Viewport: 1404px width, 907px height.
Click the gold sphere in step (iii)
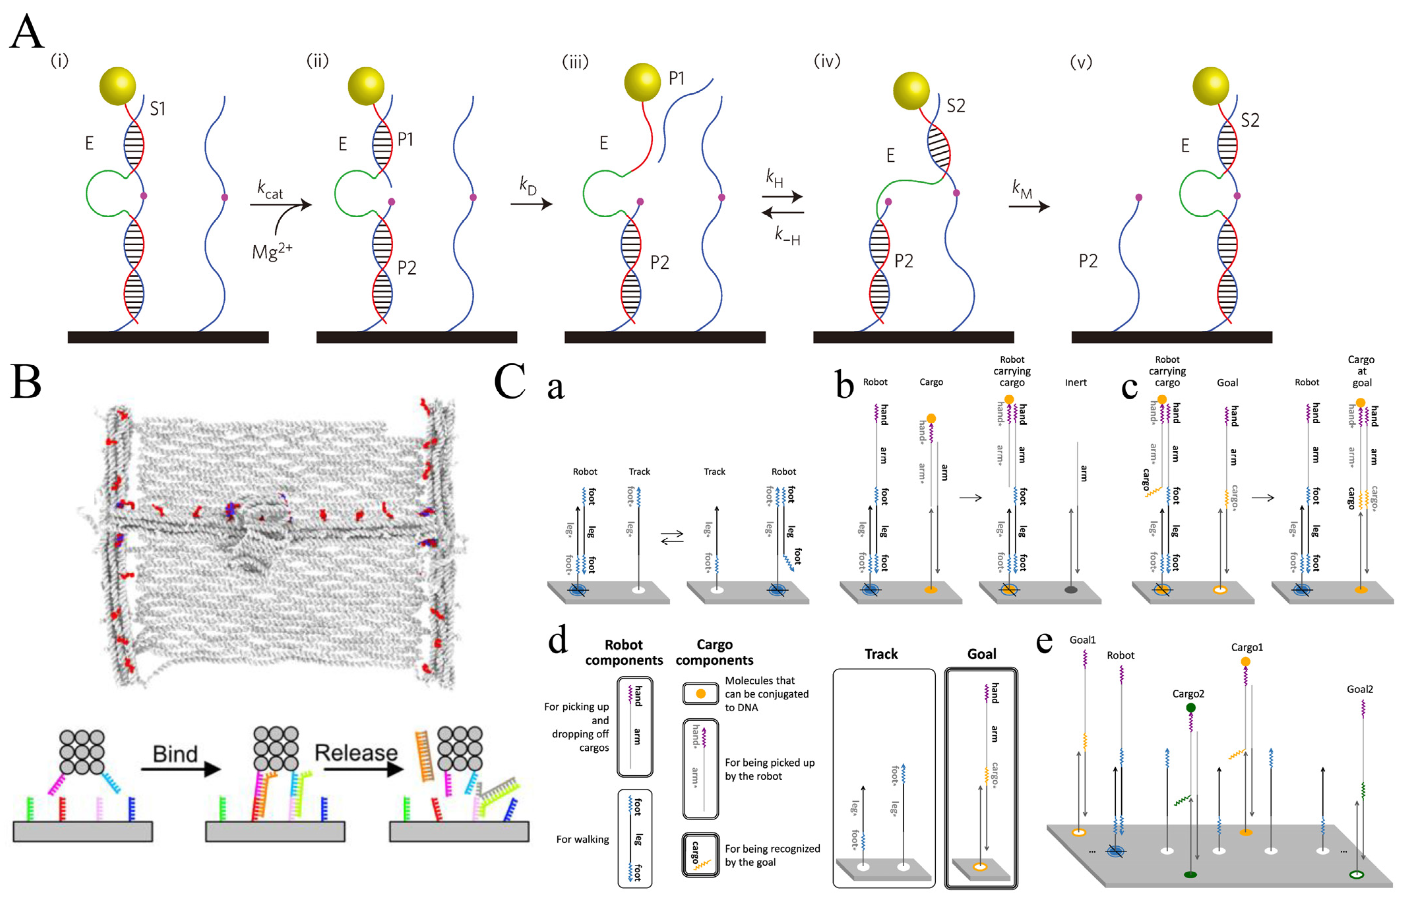coord(642,82)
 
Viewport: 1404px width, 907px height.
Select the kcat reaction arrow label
coord(270,190)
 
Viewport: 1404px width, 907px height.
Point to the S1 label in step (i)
coord(157,109)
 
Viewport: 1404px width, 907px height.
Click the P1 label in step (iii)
coord(676,78)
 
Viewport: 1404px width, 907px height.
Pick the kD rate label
coord(528,186)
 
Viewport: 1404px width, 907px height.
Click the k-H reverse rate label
coord(787,236)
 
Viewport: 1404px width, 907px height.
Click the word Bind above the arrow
coord(175,754)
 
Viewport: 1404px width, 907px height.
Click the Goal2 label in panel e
coord(1360,689)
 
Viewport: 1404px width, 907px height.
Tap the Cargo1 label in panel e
coord(1247,647)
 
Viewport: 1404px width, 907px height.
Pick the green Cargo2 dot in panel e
coord(1191,707)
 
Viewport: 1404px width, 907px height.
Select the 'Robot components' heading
coord(624,652)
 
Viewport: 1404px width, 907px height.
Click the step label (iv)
coord(827,61)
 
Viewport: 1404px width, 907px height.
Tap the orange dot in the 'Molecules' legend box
coord(701,694)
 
